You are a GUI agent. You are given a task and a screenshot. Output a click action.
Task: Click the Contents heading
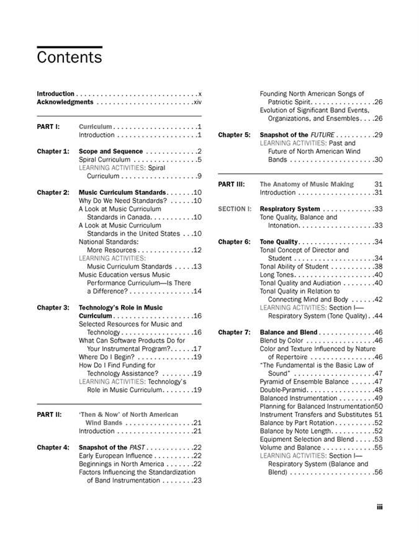click(x=69, y=58)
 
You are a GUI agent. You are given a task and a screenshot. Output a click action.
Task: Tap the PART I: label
click(x=48, y=127)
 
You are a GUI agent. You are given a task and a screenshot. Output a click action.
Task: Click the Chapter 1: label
click(x=53, y=151)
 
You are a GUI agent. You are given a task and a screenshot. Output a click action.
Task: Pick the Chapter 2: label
click(x=53, y=192)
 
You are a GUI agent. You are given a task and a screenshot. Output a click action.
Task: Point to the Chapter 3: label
click(x=53, y=308)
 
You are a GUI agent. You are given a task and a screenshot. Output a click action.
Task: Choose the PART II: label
click(x=49, y=414)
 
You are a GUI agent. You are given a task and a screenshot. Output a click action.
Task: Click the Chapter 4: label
click(x=53, y=447)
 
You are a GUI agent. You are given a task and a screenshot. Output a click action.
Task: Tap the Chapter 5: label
click(x=234, y=135)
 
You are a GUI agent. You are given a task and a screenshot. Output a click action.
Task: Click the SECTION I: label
click(x=235, y=209)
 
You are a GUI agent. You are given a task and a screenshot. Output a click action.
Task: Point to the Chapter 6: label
click(x=234, y=242)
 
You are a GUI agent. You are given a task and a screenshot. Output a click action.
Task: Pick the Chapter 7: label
click(x=234, y=333)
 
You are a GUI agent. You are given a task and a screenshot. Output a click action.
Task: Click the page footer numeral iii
click(x=379, y=507)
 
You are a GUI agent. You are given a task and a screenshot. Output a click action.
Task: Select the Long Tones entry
click(x=279, y=275)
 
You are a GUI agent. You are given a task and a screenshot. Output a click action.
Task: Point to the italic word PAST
click(x=138, y=447)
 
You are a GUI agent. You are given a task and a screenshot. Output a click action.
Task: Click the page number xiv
click(x=197, y=102)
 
